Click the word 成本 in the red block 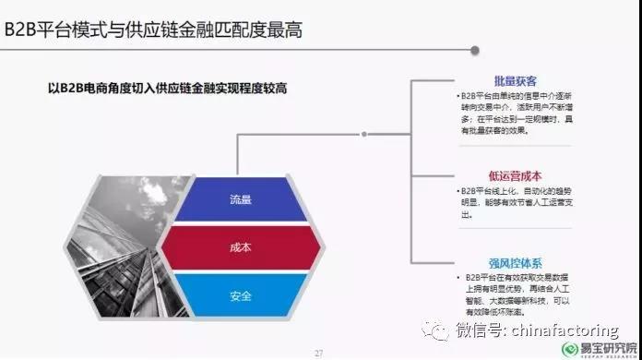tap(241, 247)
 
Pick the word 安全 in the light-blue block tap(241, 295)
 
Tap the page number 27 tap(320, 352)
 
